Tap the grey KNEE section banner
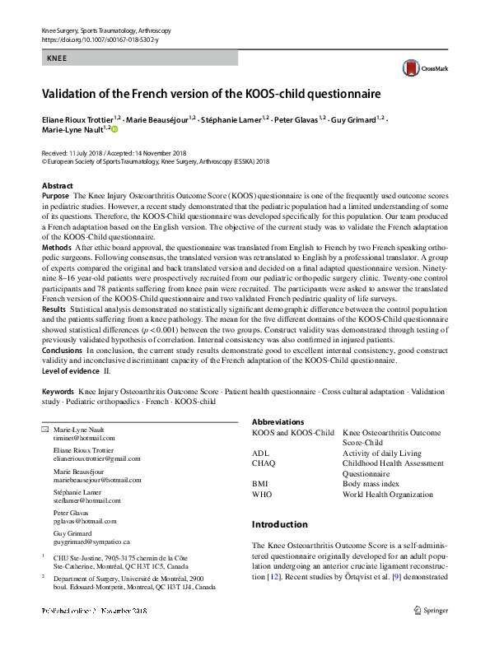click(139, 58)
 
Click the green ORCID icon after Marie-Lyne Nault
click(114, 129)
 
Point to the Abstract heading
click(57, 186)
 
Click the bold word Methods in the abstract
click(56, 247)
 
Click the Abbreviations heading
click(278, 421)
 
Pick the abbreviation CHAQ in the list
click(264, 463)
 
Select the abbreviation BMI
click(260, 484)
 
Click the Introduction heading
click(279, 524)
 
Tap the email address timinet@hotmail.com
click(84, 439)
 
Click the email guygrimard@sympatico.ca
click(91, 542)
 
